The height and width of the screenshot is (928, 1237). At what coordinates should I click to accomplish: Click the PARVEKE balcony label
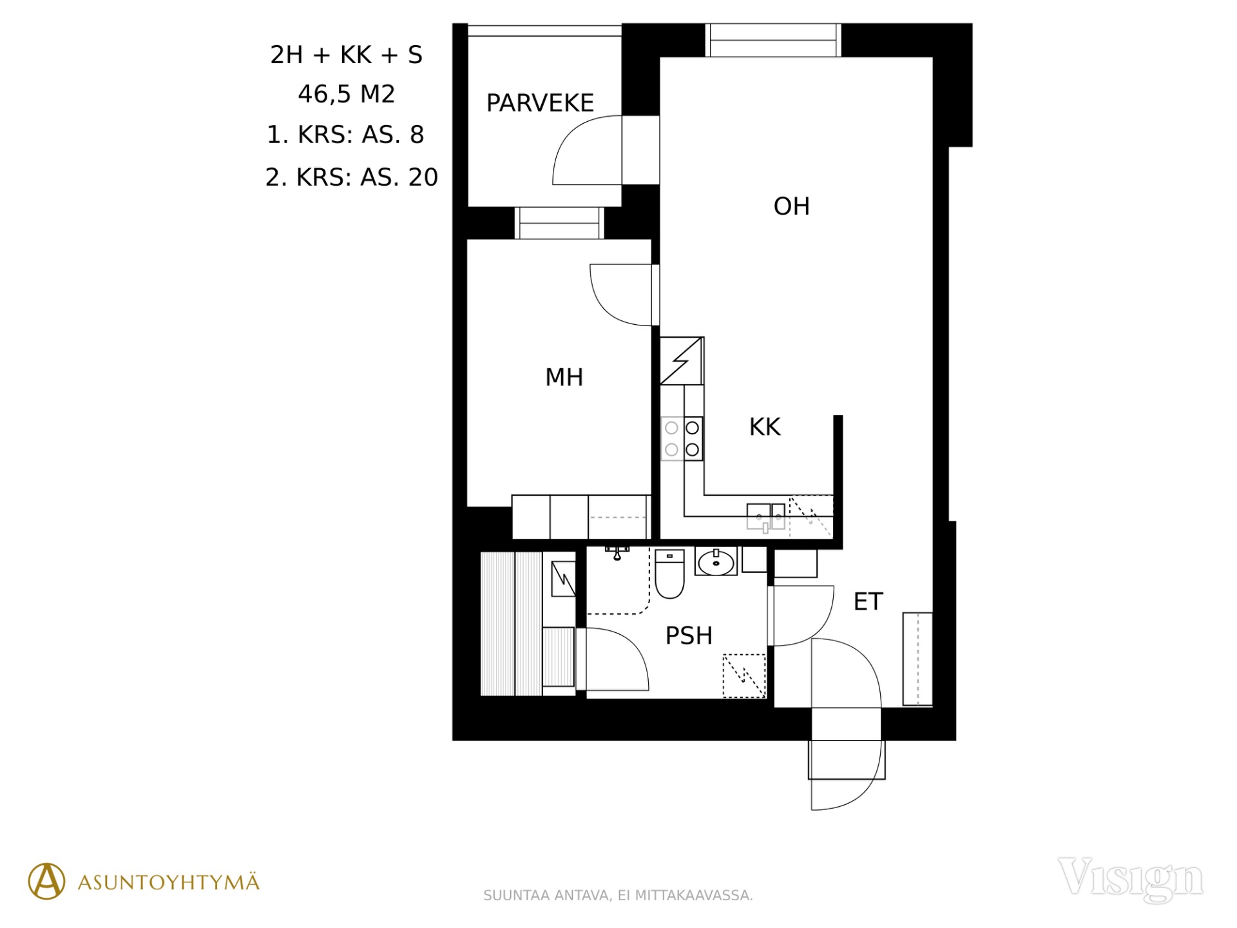540,103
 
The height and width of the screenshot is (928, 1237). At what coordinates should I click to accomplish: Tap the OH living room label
791,206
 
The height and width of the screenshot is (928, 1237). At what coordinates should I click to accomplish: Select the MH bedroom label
564,377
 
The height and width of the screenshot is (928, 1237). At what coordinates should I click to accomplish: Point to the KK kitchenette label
765,427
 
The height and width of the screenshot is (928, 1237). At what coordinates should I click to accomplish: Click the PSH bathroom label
689,635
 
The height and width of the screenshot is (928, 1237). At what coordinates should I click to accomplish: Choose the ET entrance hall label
868,601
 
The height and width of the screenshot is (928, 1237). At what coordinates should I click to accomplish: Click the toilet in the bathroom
669,574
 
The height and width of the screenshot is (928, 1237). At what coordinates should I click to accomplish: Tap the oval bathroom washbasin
716,563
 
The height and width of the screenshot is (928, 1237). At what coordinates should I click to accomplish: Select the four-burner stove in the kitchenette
682,438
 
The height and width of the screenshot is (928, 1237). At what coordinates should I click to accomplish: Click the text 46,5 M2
346,94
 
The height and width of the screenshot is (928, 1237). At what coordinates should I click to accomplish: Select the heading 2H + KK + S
346,55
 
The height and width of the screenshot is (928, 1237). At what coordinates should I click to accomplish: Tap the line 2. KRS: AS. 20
352,177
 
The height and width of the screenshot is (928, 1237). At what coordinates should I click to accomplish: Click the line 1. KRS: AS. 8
345,135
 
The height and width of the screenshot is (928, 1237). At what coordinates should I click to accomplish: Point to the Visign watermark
1130,879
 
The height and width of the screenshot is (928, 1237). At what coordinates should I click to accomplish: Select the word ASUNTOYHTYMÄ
168,882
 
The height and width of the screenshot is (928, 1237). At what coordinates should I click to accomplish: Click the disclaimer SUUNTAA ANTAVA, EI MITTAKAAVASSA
618,895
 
